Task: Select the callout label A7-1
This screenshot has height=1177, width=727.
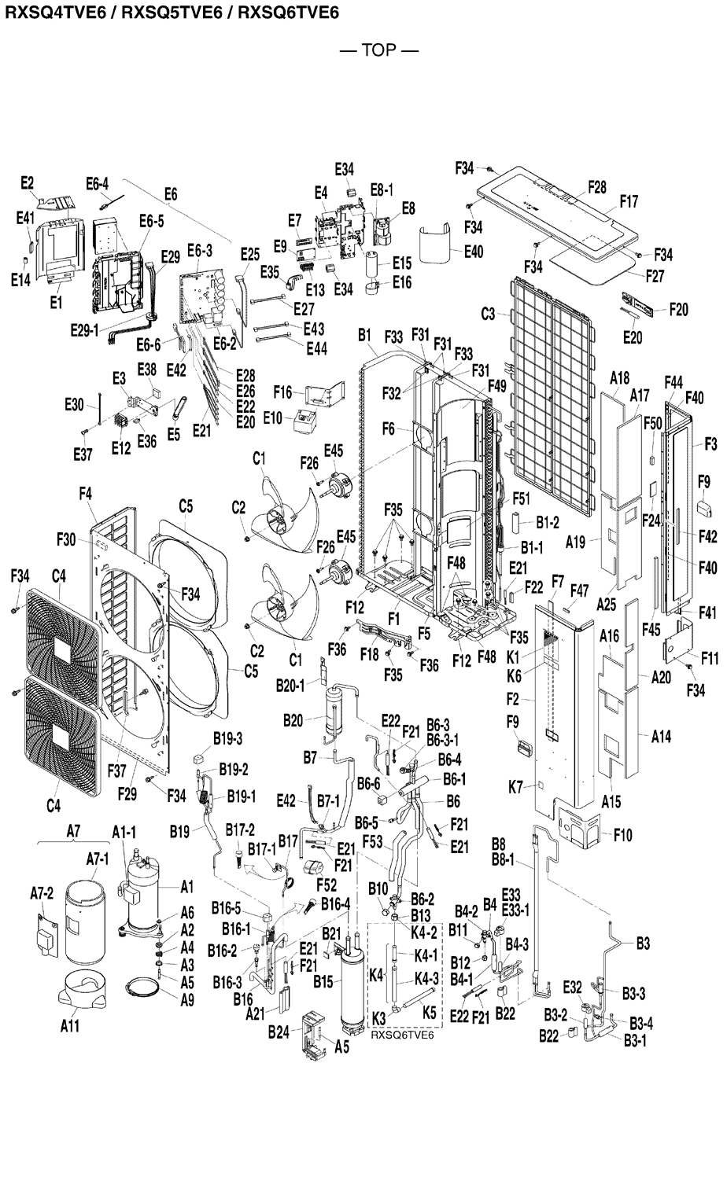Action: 97,859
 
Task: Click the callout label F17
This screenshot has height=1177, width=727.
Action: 628,202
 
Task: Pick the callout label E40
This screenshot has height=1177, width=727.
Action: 474,252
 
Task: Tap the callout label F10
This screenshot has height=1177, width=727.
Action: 623,835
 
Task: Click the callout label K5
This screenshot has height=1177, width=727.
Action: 429,1012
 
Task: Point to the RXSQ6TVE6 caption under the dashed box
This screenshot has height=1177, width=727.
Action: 403,1035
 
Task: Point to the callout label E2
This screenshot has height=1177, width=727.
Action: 27,183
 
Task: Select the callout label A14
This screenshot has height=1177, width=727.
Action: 662,737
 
